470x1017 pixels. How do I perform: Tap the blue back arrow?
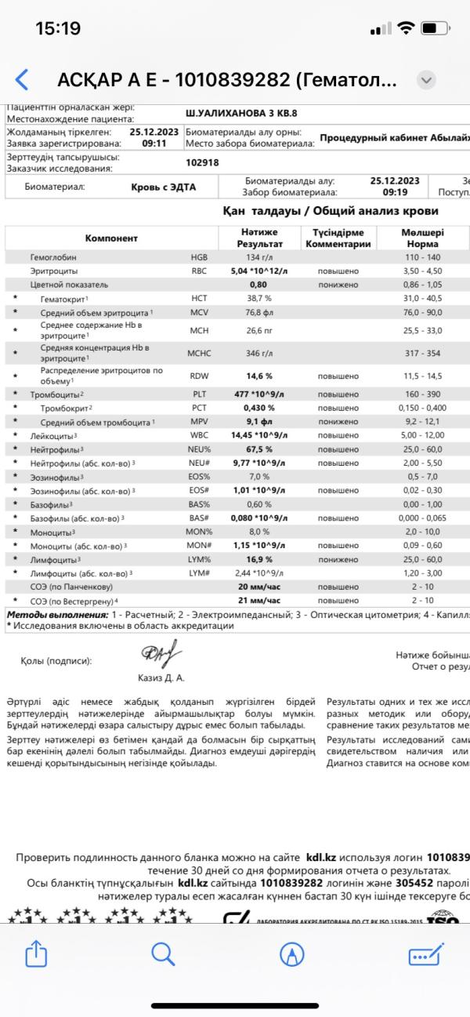tap(22, 79)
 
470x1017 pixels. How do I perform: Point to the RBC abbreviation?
tap(200, 271)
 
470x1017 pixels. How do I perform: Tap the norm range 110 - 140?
tap(422, 256)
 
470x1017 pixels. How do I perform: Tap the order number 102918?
tap(202, 163)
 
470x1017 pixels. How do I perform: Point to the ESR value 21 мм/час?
tap(259, 601)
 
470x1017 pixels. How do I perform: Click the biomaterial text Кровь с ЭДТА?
tap(164, 187)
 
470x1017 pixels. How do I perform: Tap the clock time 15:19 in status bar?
tap(58, 28)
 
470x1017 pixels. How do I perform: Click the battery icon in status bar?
tap(433, 28)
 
